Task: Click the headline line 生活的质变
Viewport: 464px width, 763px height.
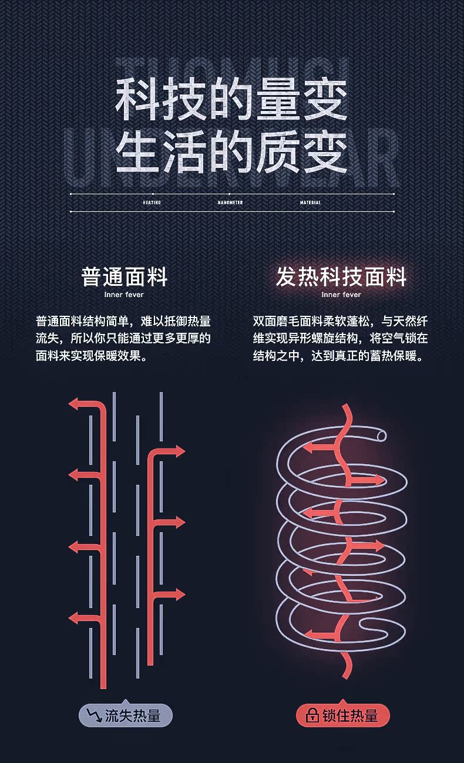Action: click(x=231, y=153)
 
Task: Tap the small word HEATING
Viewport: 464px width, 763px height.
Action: click(x=152, y=202)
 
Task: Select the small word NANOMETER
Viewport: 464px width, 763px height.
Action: click(x=230, y=202)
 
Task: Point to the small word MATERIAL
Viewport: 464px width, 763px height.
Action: click(x=310, y=202)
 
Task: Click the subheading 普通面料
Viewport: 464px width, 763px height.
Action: click(x=125, y=277)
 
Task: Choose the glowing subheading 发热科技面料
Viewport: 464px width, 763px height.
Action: click(x=341, y=277)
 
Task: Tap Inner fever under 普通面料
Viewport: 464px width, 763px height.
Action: click(x=123, y=295)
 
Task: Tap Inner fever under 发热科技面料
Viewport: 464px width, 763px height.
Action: click(x=341, y=295)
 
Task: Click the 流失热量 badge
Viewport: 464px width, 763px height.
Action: click(x=125, y=715)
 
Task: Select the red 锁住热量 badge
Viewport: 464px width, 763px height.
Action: click(x=342, y=715)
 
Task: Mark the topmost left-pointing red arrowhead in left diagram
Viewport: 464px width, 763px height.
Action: click(x=75, y=404)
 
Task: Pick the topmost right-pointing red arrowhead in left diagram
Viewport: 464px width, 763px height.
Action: click(x=179, y=451)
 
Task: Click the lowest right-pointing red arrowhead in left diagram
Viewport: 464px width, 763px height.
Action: click(x=179, y=595)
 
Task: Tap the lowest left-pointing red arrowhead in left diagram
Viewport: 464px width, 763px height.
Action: click(x=75, y=617)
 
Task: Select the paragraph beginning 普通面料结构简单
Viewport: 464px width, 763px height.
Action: click(x=123, y=339)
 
